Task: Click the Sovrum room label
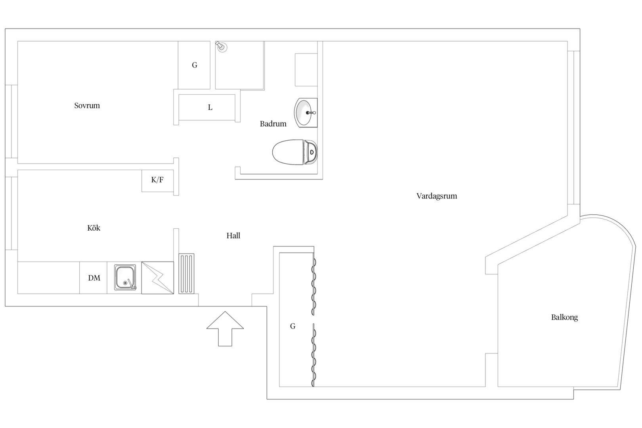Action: [87, 106]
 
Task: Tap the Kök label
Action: [94, 228]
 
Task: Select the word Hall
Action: [233, 236]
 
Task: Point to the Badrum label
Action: [273, 124]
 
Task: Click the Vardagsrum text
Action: [436, 196]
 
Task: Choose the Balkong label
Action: [564, 317]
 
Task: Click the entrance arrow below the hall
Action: [225, 329]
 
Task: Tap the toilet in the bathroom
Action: [295, 152]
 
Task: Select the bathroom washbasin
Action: [306, 113]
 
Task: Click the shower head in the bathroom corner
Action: [221, 46]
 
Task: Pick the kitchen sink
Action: [125, 277]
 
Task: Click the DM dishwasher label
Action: [94, 278]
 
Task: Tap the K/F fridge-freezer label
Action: [157, 180]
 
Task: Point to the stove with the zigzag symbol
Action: [157, 278]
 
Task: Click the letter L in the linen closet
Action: [210, 107]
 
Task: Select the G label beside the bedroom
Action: [195, 65]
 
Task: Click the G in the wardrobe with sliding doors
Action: [292, 326]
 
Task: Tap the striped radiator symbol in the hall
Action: [186, 274]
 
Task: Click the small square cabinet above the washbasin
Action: [306, 70]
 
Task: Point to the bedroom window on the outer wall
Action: [11, 121]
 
